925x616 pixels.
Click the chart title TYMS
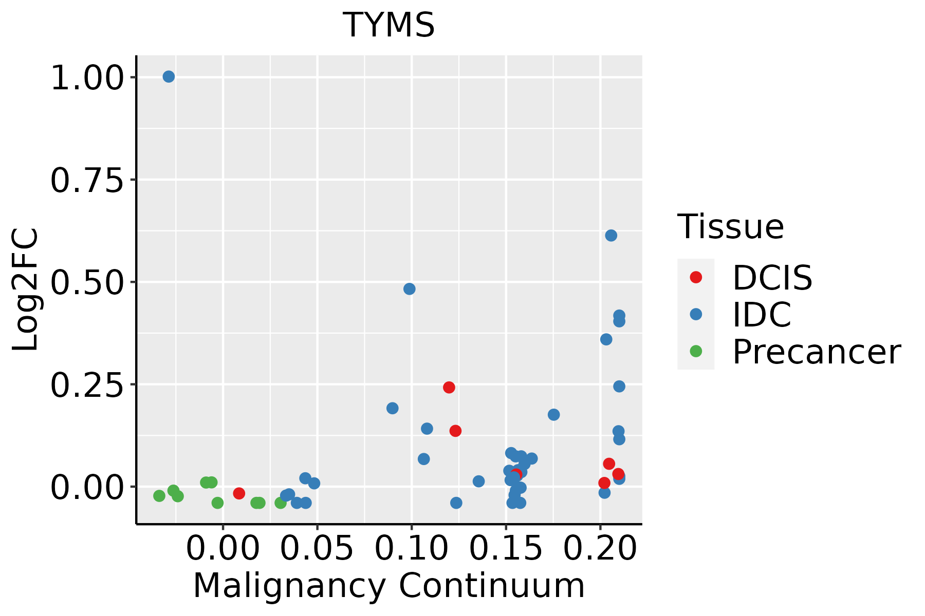(388, 25)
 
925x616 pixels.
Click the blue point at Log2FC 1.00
(169, 76)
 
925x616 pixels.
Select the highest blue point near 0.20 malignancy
(611, 236)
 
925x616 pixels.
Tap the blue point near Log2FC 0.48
(410, 289)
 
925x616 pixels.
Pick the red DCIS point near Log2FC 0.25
(449, 387)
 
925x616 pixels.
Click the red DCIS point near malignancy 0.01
(239, 493)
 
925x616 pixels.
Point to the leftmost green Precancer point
(159, 496)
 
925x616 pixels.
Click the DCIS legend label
(772, 278)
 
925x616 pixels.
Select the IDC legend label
(762, 315)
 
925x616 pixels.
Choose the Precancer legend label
(816, 352)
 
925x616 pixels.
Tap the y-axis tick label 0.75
(87, 180)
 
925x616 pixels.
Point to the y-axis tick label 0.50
(87, 282)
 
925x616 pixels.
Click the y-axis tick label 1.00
(87, 78)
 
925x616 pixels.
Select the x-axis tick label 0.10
(412, 548)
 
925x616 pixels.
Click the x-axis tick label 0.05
(317, 548)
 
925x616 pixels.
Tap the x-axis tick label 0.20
(600, 548)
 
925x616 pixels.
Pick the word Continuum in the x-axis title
(492, 586)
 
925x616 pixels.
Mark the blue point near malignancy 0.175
(553, 414)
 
